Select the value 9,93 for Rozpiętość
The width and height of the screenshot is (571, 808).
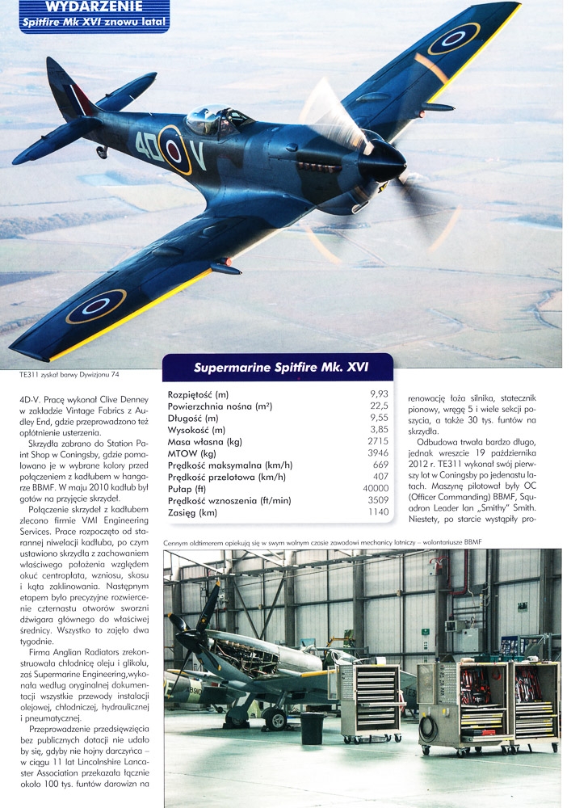(x=367, y=393)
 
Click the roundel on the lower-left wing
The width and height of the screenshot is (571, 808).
(x=95, y=306)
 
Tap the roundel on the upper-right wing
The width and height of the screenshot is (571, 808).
(x=453, y=39)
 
